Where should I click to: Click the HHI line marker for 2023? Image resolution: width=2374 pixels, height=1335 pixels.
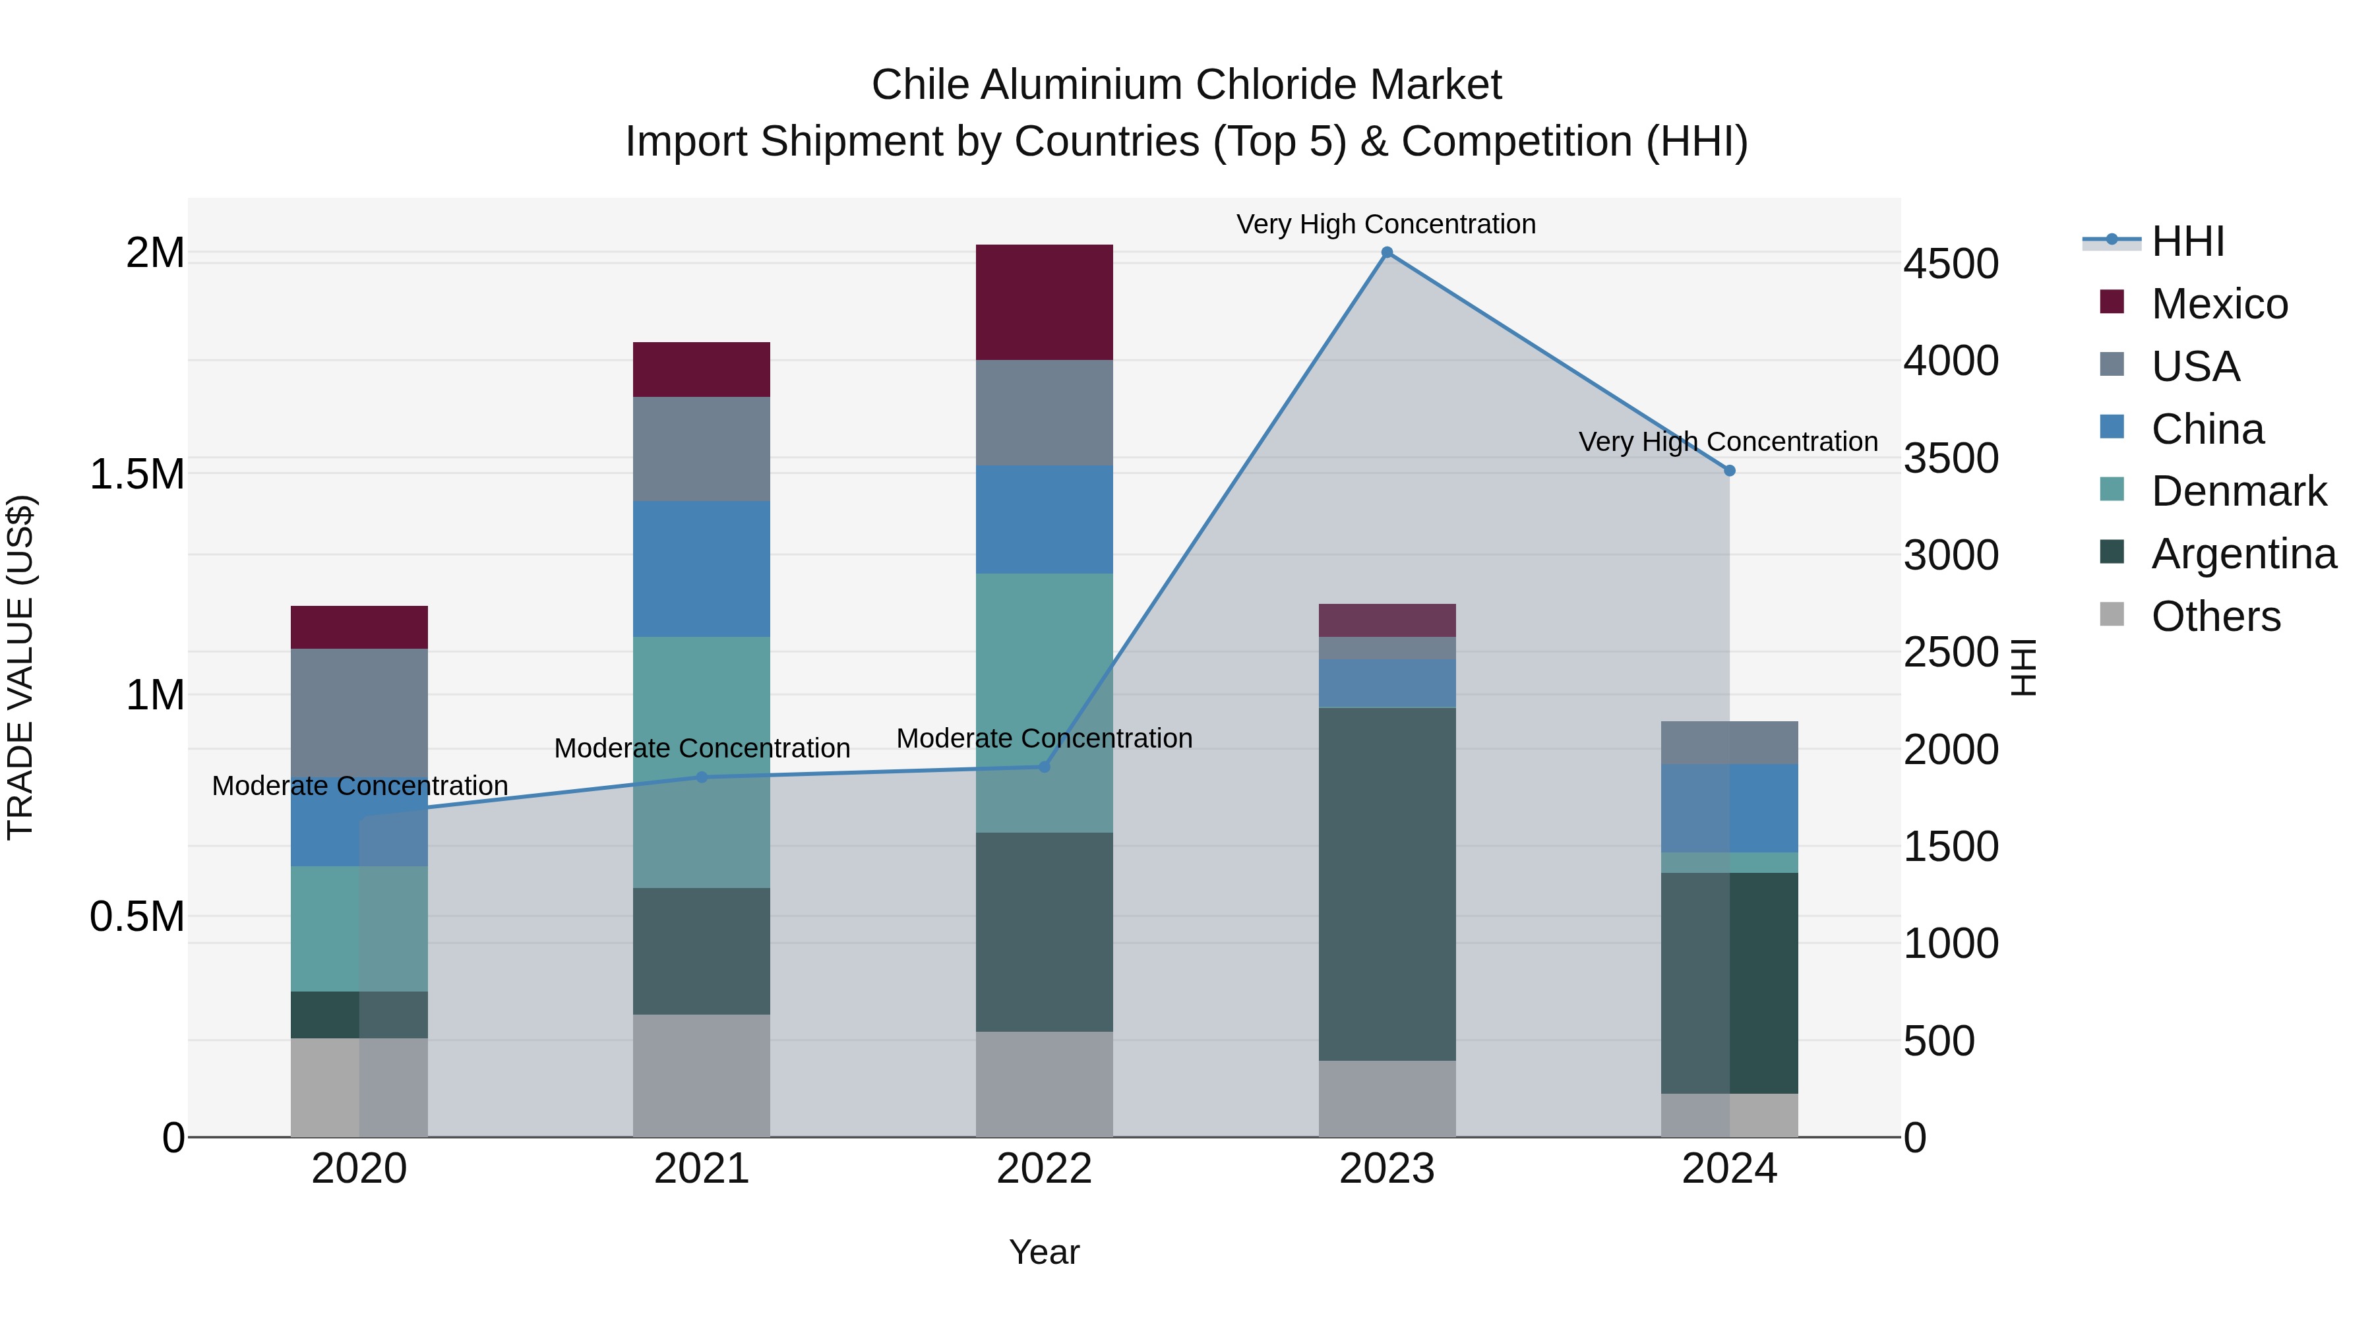coord(1387,252)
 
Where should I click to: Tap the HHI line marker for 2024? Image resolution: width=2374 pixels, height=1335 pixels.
coord(1730,471)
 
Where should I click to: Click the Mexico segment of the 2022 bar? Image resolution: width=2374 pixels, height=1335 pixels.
coord(1044,302)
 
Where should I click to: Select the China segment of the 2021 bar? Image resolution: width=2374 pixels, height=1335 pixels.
coord(702,568)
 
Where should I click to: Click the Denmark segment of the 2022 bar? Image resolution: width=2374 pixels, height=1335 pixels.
coord(1044,703)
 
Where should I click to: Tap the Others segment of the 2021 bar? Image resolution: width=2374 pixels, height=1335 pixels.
coord(702,1075)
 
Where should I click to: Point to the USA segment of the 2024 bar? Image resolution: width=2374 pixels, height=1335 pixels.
coord(1730,742)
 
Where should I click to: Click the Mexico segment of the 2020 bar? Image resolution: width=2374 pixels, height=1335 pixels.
coord(359,628)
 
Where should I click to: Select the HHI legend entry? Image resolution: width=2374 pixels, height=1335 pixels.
coord(2186,241)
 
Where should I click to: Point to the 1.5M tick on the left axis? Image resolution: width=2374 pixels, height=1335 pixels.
coord(137,475)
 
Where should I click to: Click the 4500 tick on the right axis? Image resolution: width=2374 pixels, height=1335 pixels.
coord(1951,264)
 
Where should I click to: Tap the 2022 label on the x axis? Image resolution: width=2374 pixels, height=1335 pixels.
coord(1044,1169)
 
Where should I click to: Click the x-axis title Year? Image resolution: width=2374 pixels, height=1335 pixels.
coord(1044,1252)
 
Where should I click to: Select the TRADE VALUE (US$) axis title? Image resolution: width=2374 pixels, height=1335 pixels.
coord(20,667)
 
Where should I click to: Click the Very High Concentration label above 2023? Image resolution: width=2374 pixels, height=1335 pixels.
coord(1386,224)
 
